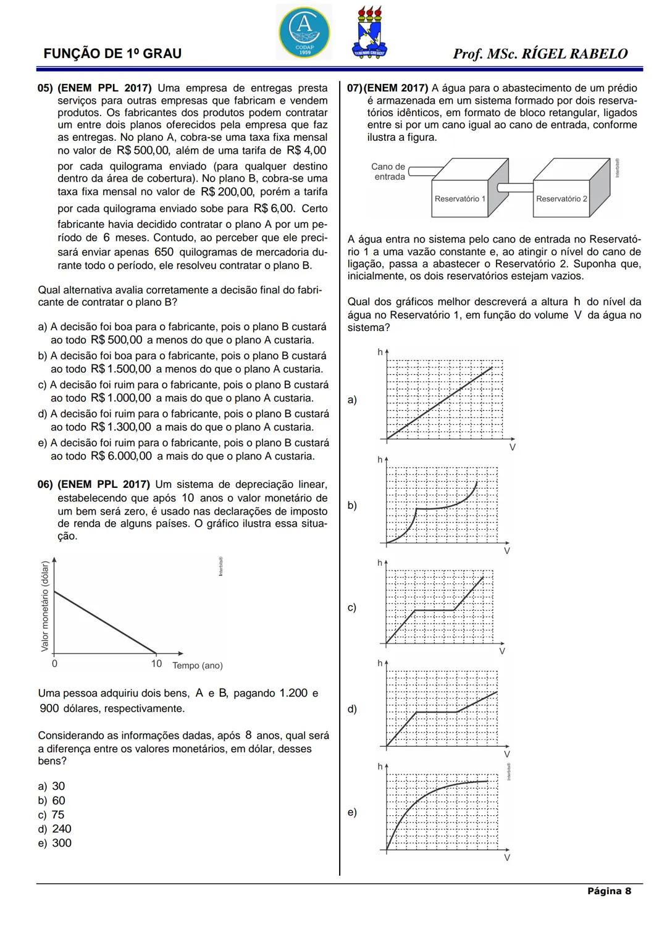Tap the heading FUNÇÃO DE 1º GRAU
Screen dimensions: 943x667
tap(112, 54)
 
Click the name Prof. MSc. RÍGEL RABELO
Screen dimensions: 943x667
tap(540, 54)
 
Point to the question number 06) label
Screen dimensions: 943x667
tap(46, 484)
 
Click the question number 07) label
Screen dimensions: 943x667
tap(355, 88)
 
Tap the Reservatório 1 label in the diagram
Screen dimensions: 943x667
tap(459, 199)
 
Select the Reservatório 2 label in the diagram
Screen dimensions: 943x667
tap(561, 199)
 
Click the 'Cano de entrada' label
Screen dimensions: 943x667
tap(388, 172)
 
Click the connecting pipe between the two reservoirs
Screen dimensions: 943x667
tap(515, 187)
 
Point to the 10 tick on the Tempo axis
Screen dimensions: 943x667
tap(156, 664)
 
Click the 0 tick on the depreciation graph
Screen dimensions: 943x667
tap(54, 664)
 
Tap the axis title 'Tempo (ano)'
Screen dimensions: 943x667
tap(197, 666)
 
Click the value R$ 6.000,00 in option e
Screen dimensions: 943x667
tap(121, 456)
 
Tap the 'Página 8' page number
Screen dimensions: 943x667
tap(609, 891)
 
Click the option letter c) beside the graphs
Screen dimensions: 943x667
tap(351, 608)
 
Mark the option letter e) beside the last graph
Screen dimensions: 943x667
tap(351, 812)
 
